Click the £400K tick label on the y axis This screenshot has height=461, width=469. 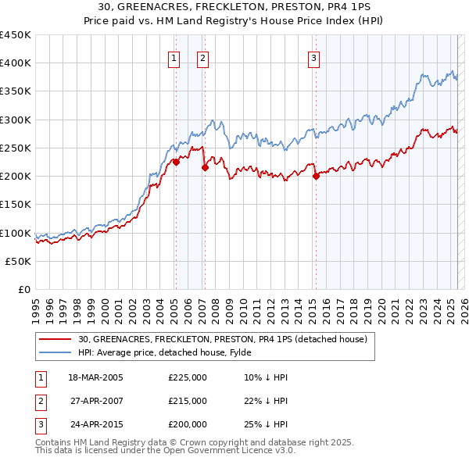15,63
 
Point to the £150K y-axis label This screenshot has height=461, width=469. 15,205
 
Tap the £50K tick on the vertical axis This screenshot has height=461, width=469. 18,262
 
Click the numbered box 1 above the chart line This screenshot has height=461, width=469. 174,57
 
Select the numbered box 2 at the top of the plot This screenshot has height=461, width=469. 202,57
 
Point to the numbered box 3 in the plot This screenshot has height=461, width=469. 313,57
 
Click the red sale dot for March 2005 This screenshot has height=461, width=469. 177,163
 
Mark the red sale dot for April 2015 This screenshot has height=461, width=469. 317,177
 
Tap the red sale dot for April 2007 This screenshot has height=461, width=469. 205,168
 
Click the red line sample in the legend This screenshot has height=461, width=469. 54,339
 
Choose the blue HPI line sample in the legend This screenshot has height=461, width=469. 54,352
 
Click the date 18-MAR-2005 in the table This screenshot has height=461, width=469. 96,377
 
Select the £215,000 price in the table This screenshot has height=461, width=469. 188,401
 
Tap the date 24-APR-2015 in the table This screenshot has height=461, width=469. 96,424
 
